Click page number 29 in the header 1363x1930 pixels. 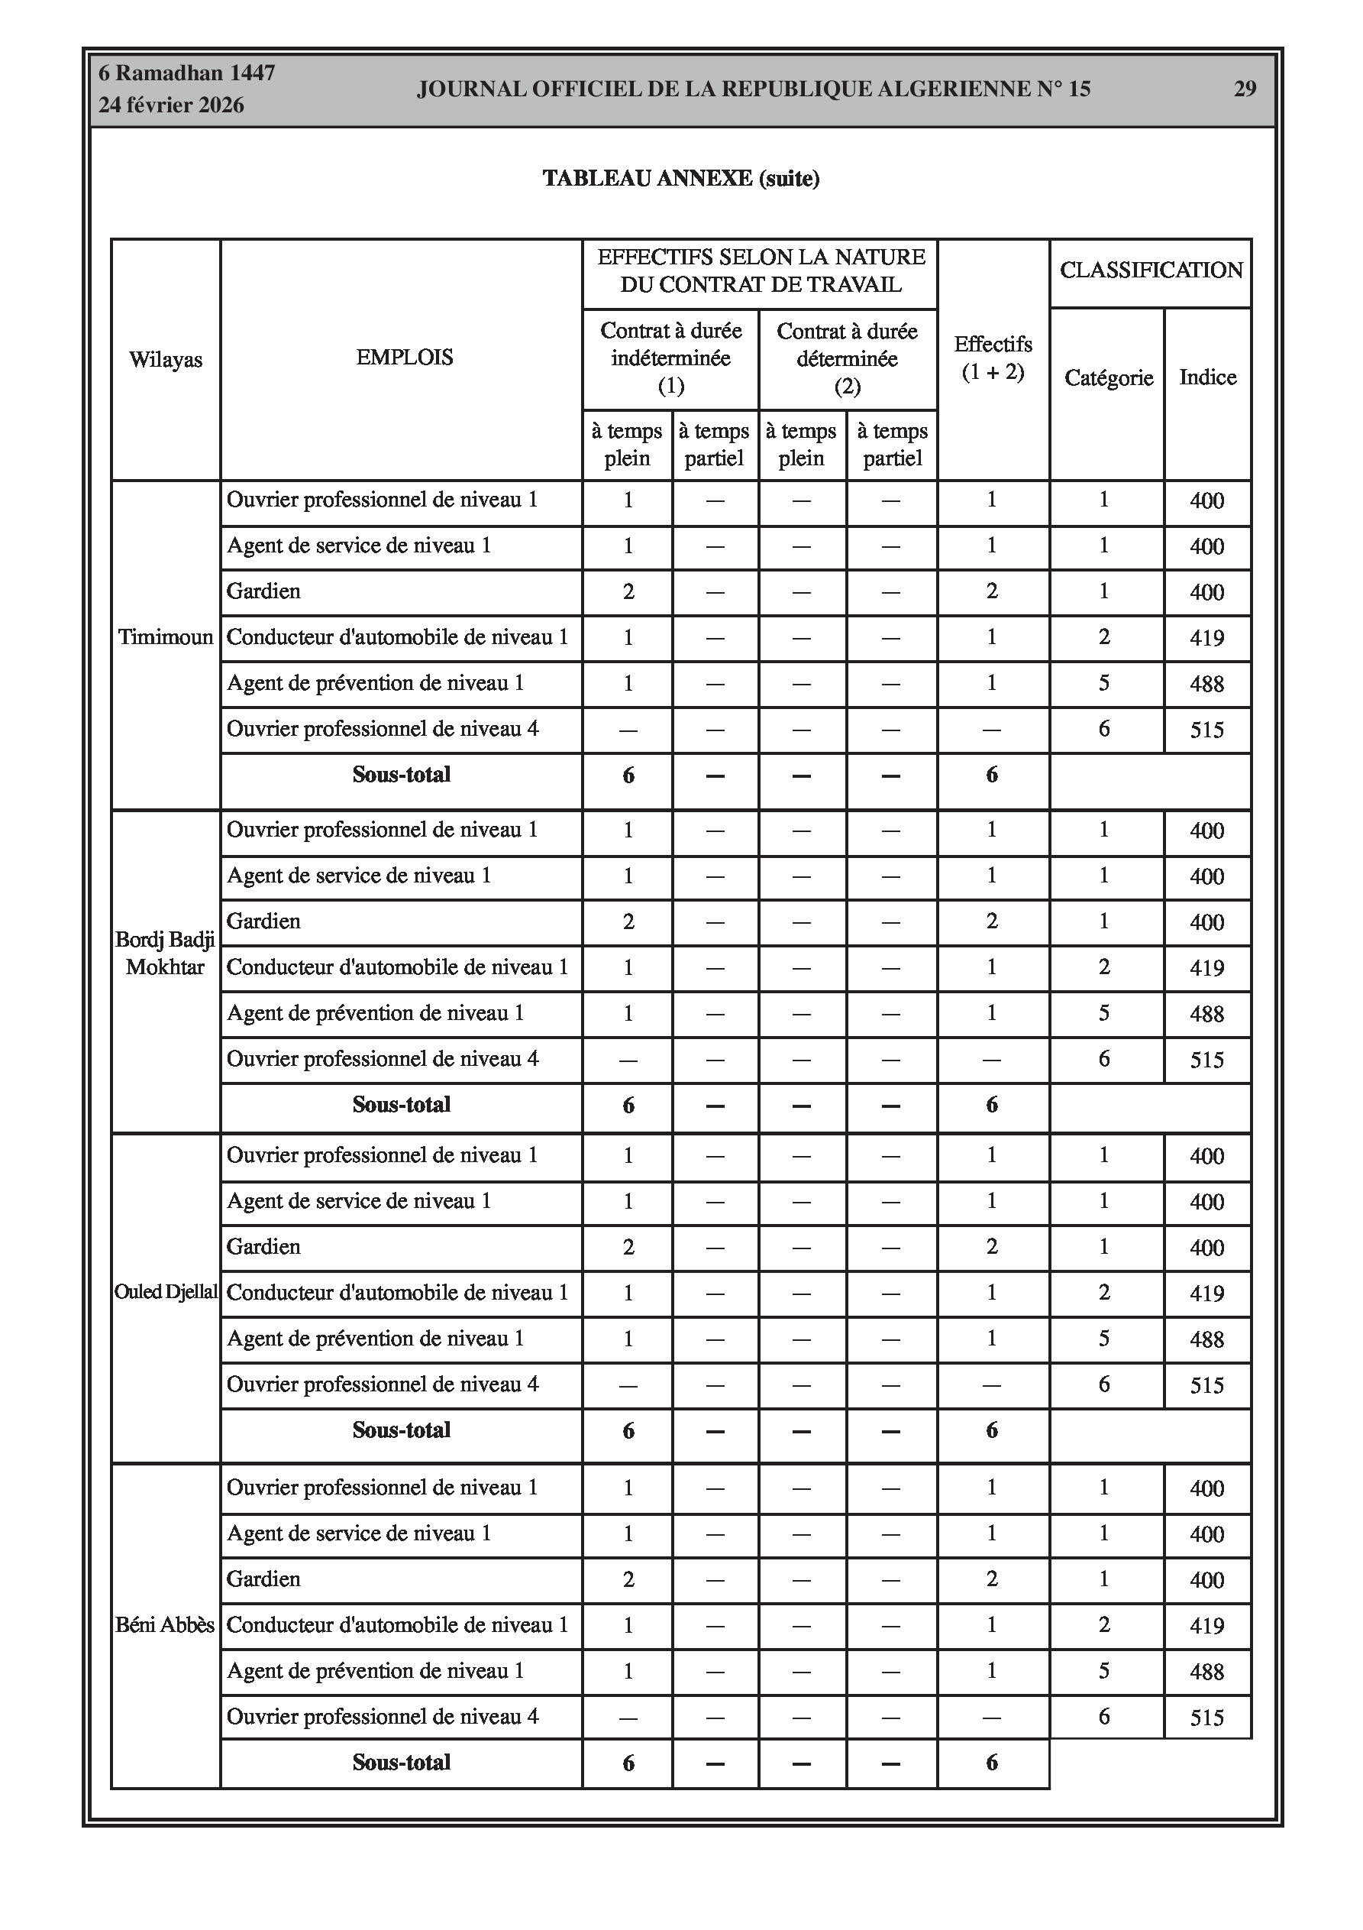(1245, 89)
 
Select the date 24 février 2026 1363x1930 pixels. (172, 105)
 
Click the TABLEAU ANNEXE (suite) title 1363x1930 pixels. (680, 178)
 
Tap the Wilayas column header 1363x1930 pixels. (166, 360)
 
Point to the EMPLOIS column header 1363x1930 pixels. (404, 358)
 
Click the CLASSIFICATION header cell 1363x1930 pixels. (1151, 270)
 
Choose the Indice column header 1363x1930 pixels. (1207, 377)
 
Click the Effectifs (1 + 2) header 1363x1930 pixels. (993, 358)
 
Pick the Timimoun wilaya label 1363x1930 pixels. (166, 637)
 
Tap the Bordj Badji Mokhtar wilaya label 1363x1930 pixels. (166, 954)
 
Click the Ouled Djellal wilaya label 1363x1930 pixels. (166, 1292)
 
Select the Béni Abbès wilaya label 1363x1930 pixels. (166, 1625)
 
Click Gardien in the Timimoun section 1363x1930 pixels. (263, 591)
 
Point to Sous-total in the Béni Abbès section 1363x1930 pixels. (402, 1762)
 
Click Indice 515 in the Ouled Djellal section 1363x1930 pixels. (1206, 1384)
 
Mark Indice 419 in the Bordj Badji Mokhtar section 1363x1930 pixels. (1206, 967)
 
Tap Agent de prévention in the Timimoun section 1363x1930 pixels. (376, 682)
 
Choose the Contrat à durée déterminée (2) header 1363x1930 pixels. (847, 358)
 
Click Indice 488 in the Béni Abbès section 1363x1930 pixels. (1206, 1671)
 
